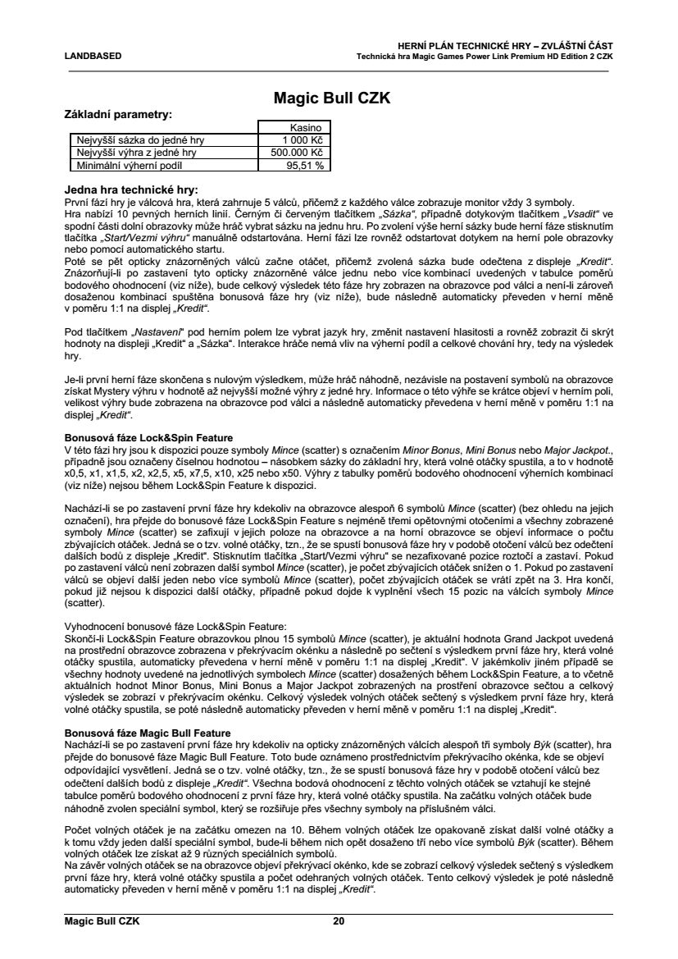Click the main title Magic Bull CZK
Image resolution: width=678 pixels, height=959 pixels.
tap(330, 99)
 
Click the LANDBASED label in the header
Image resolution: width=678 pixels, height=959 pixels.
tap(93, 56)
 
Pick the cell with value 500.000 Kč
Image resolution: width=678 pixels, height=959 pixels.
tap(297, 152)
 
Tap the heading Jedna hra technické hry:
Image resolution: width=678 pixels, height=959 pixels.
tap(131, 190)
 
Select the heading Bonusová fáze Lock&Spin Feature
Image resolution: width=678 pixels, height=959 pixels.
tap(148, 438)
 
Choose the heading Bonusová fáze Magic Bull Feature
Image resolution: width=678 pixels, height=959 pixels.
tap(148, 731)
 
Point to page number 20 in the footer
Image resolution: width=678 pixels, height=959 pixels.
tap(339, 920)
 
